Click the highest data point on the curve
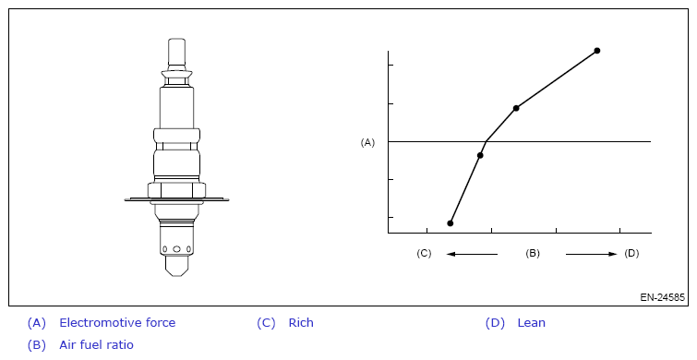tap(597, 51)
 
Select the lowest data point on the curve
tap(451, 223)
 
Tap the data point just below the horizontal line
tap(480, 155)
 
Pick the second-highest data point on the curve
tap(516, 108)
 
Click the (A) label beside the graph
tap(367, 142)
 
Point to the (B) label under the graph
tap(533, 253)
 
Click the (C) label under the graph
tap(424, 253)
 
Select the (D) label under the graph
tap(631, 253)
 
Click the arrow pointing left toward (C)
tap(472, 254)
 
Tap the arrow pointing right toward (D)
tap(591, 254)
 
